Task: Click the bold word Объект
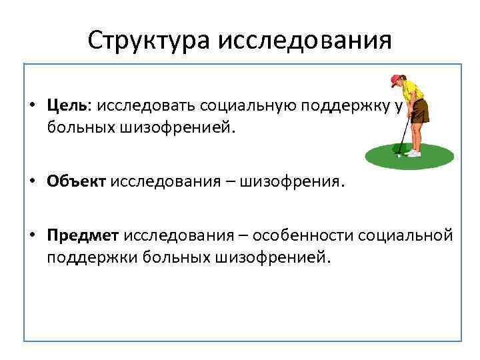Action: [76, 182]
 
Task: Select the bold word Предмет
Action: [83, 237]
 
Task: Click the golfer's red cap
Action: [396, 79]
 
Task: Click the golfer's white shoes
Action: [414, 153]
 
